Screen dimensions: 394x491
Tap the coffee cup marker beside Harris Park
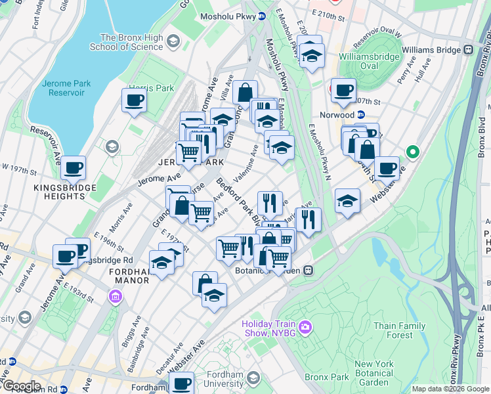134,101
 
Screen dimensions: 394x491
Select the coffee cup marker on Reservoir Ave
74,168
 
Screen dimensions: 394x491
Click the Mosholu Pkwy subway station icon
262,16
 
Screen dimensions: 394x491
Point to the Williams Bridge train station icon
469,49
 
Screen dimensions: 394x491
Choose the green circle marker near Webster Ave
412,152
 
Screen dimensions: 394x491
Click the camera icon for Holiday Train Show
305,327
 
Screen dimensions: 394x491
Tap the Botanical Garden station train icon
308,270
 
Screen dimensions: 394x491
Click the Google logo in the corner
22,385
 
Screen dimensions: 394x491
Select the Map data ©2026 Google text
450,389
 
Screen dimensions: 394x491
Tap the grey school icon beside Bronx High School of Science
173,42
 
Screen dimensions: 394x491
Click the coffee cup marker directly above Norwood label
343,91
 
